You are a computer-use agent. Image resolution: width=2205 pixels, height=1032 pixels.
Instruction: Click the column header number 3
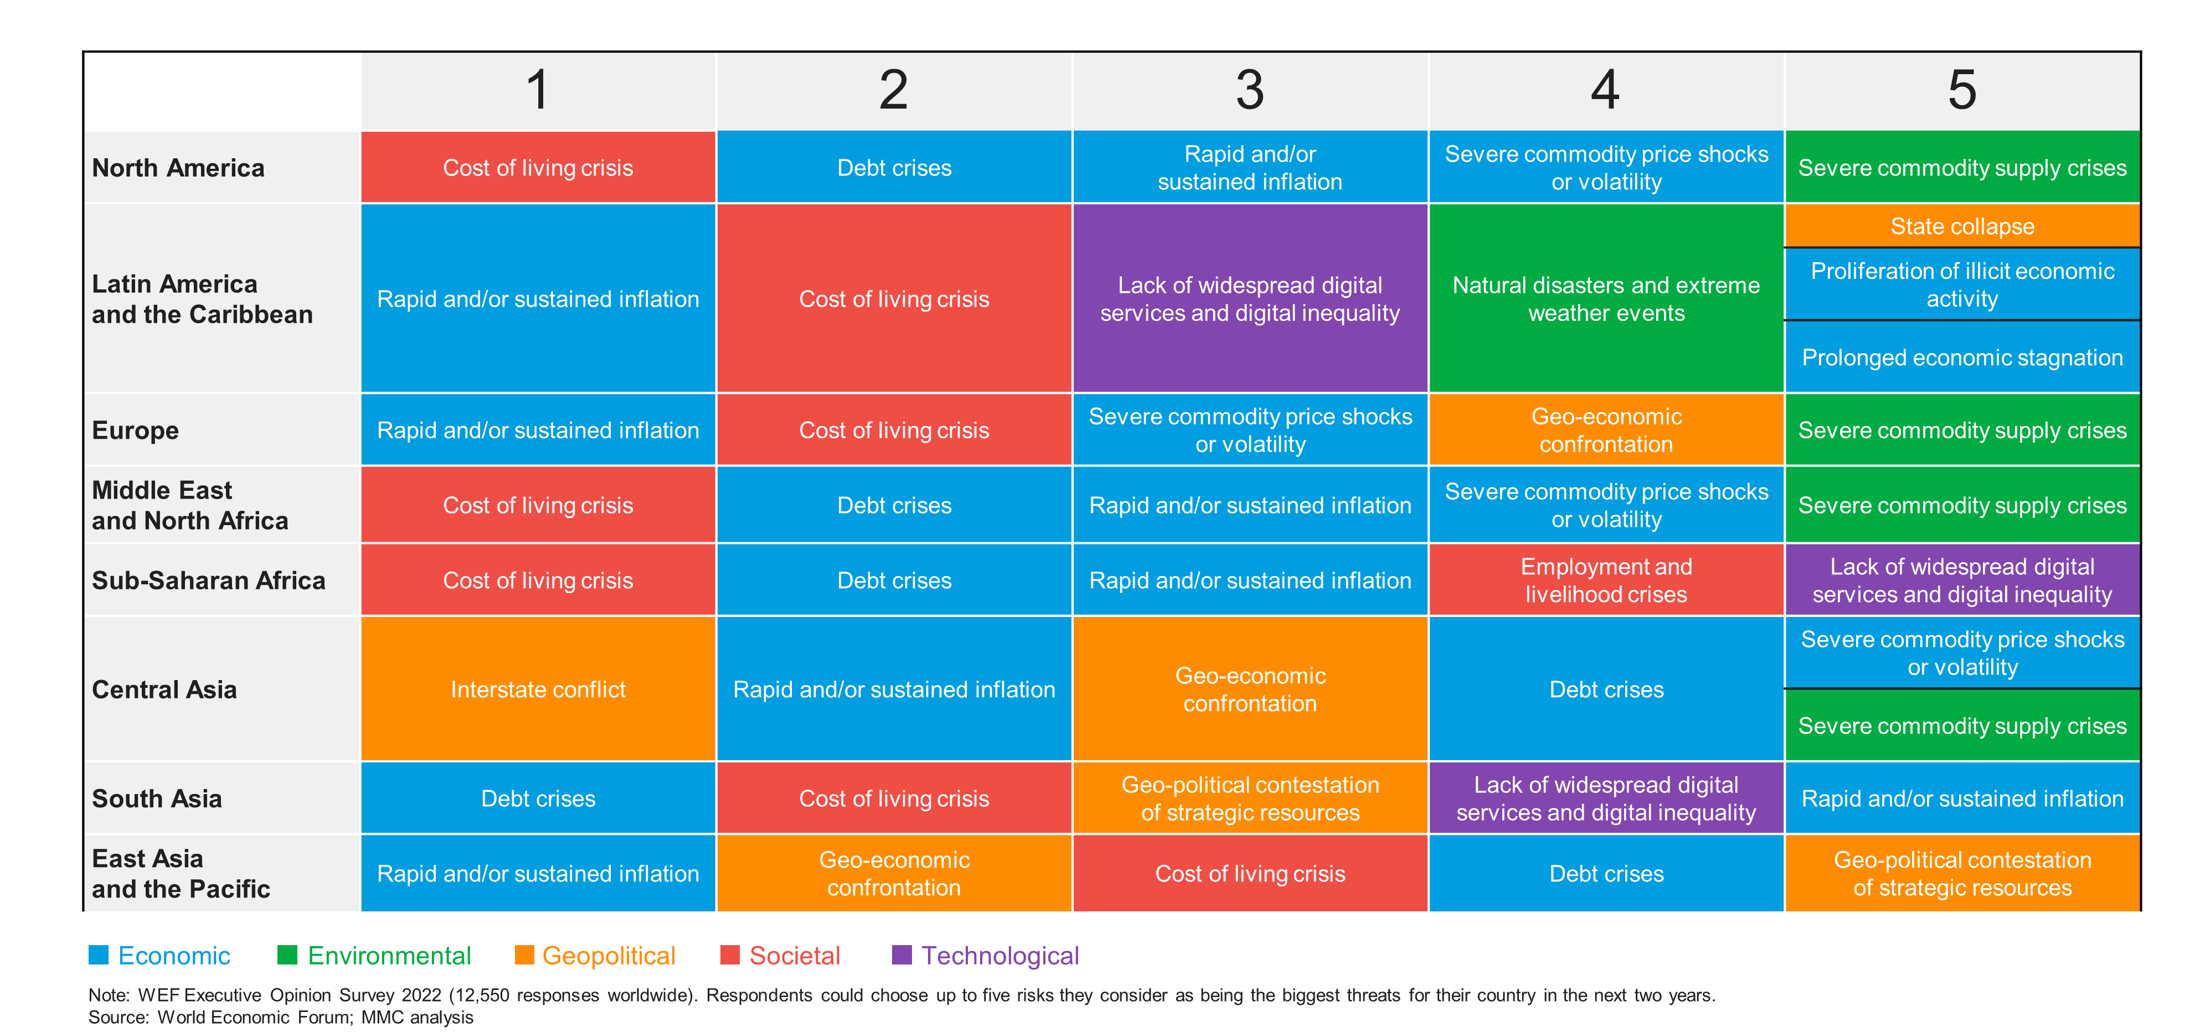point(1250,90)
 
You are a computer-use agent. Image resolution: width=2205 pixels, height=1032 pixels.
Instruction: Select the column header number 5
point(1962,90)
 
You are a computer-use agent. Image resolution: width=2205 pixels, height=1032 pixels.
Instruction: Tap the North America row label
point(178,168)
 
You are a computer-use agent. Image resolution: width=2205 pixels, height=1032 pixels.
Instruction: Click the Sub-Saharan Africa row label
point(208,580)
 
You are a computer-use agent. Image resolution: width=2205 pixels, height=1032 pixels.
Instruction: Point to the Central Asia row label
point(164,689)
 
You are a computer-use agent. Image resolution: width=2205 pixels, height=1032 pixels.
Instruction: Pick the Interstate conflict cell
point(538,689)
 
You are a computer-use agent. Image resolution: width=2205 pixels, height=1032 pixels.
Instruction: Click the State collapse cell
point(1962,226)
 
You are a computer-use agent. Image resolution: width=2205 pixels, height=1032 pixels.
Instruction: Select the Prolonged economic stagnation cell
point(1962,357)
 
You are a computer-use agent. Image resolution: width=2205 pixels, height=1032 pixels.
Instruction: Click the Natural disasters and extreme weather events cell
point(1606,299)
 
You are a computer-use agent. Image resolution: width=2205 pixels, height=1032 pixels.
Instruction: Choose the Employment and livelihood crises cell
point(1606,580)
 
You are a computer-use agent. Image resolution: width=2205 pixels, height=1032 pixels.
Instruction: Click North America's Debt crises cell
point(894,168)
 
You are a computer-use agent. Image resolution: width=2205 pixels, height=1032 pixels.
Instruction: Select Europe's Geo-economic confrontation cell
point(1606,431)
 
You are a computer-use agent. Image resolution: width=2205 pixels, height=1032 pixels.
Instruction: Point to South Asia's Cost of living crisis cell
point(894,798)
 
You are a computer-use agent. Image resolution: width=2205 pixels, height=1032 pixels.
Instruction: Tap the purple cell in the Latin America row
point(1250,299)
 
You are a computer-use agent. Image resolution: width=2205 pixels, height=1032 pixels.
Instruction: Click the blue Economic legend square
point(99,955)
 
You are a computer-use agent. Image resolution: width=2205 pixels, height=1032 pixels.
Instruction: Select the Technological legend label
point(1000,956)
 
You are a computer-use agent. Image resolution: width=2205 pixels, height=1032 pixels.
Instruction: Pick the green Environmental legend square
point(287,955)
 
